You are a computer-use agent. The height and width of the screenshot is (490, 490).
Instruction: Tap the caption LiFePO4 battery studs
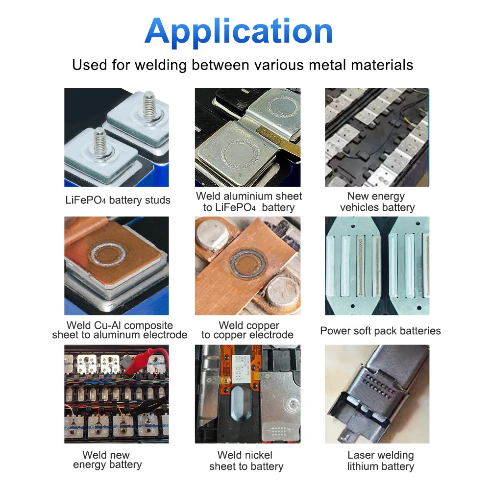(x=118, y=200)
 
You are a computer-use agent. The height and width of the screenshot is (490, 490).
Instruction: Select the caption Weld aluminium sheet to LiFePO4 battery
(x=249, y=201)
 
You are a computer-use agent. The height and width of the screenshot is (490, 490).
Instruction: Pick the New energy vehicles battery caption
(x=377, y=201)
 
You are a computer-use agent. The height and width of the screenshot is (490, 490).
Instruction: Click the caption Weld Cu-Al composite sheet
(x=120, y=330)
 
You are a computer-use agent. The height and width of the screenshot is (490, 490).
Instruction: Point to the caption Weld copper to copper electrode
(x=248, y=330)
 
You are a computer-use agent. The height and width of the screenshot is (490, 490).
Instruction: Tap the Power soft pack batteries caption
(x=380, y=331)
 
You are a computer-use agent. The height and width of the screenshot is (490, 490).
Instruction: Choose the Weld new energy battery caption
(x=107, y=460)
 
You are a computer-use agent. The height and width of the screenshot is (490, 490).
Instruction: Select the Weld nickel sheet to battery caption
(x=246, y=461)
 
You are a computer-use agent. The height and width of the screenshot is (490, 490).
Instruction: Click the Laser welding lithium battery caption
(x=381, y=461)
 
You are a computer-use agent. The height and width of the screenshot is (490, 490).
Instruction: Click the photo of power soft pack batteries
(x=377, y=266)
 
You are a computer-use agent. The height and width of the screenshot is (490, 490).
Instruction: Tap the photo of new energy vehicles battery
(x=377, y=138)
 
